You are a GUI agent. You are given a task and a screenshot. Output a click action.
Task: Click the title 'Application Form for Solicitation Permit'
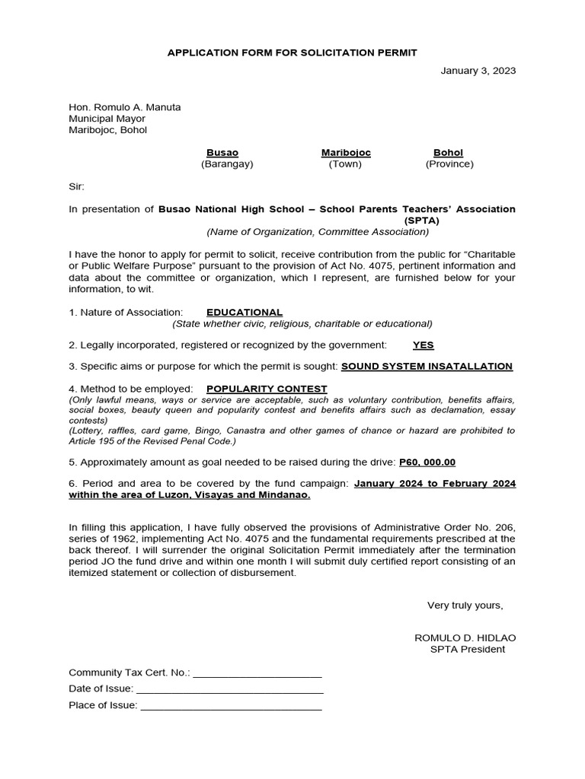[292, 52]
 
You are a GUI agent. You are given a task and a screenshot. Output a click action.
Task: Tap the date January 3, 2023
[478, 71]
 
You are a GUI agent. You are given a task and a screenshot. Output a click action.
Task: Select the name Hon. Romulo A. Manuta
[125, 107]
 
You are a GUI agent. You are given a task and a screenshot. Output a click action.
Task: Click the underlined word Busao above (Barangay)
[222, 153]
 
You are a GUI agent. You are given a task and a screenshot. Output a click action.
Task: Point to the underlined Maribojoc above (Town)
[346, 153]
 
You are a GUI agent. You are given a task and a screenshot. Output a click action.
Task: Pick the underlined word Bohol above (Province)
[448, 153]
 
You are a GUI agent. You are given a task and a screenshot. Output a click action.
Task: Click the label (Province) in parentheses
[449, 164]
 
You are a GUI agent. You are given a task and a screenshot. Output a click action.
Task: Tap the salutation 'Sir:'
[77, 186]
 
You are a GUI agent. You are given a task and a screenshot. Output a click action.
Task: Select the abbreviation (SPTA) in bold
[421, 221]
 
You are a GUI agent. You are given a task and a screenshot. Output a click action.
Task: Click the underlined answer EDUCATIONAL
[245, 313]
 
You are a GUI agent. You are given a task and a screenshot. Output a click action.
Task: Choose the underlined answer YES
[423, 345]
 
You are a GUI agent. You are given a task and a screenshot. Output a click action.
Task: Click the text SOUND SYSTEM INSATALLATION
[427, 367]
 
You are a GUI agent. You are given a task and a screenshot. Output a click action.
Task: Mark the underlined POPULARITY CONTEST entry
[267, 389]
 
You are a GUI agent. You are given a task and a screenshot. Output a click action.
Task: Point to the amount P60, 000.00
[427, 463]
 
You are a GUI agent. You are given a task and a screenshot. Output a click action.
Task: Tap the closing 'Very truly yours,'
[465, 606]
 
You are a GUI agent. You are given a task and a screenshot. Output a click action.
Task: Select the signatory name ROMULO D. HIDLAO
[459, 638]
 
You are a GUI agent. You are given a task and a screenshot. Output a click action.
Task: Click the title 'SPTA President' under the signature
[467, 650]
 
